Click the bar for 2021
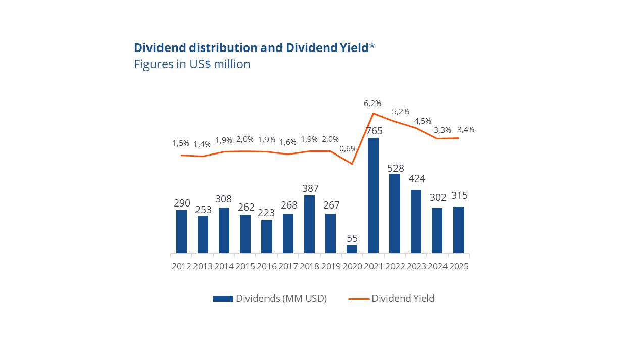tap(373, 195)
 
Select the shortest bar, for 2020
tap(352, 249)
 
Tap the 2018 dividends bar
tap(309, 224)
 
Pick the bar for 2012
tap(181, 232)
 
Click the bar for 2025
tap(459, 230)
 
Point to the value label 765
tap(374, 131)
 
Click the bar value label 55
tap(352, 238)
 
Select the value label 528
tap(396, 168)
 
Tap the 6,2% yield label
tap(372, 104)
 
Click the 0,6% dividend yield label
tap(348, 149)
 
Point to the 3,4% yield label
tap(465, 130)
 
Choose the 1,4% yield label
tap(202, 144)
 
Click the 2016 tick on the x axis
tap(267, 266)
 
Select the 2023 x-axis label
tap(416, 266)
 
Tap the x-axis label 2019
tap(331, 266)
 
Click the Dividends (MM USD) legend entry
tap(270, 298)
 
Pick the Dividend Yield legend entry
tap(391, 298)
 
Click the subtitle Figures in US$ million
tap(192, 64)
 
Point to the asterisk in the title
tap(372, 46)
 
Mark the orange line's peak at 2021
tap(373, 113)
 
